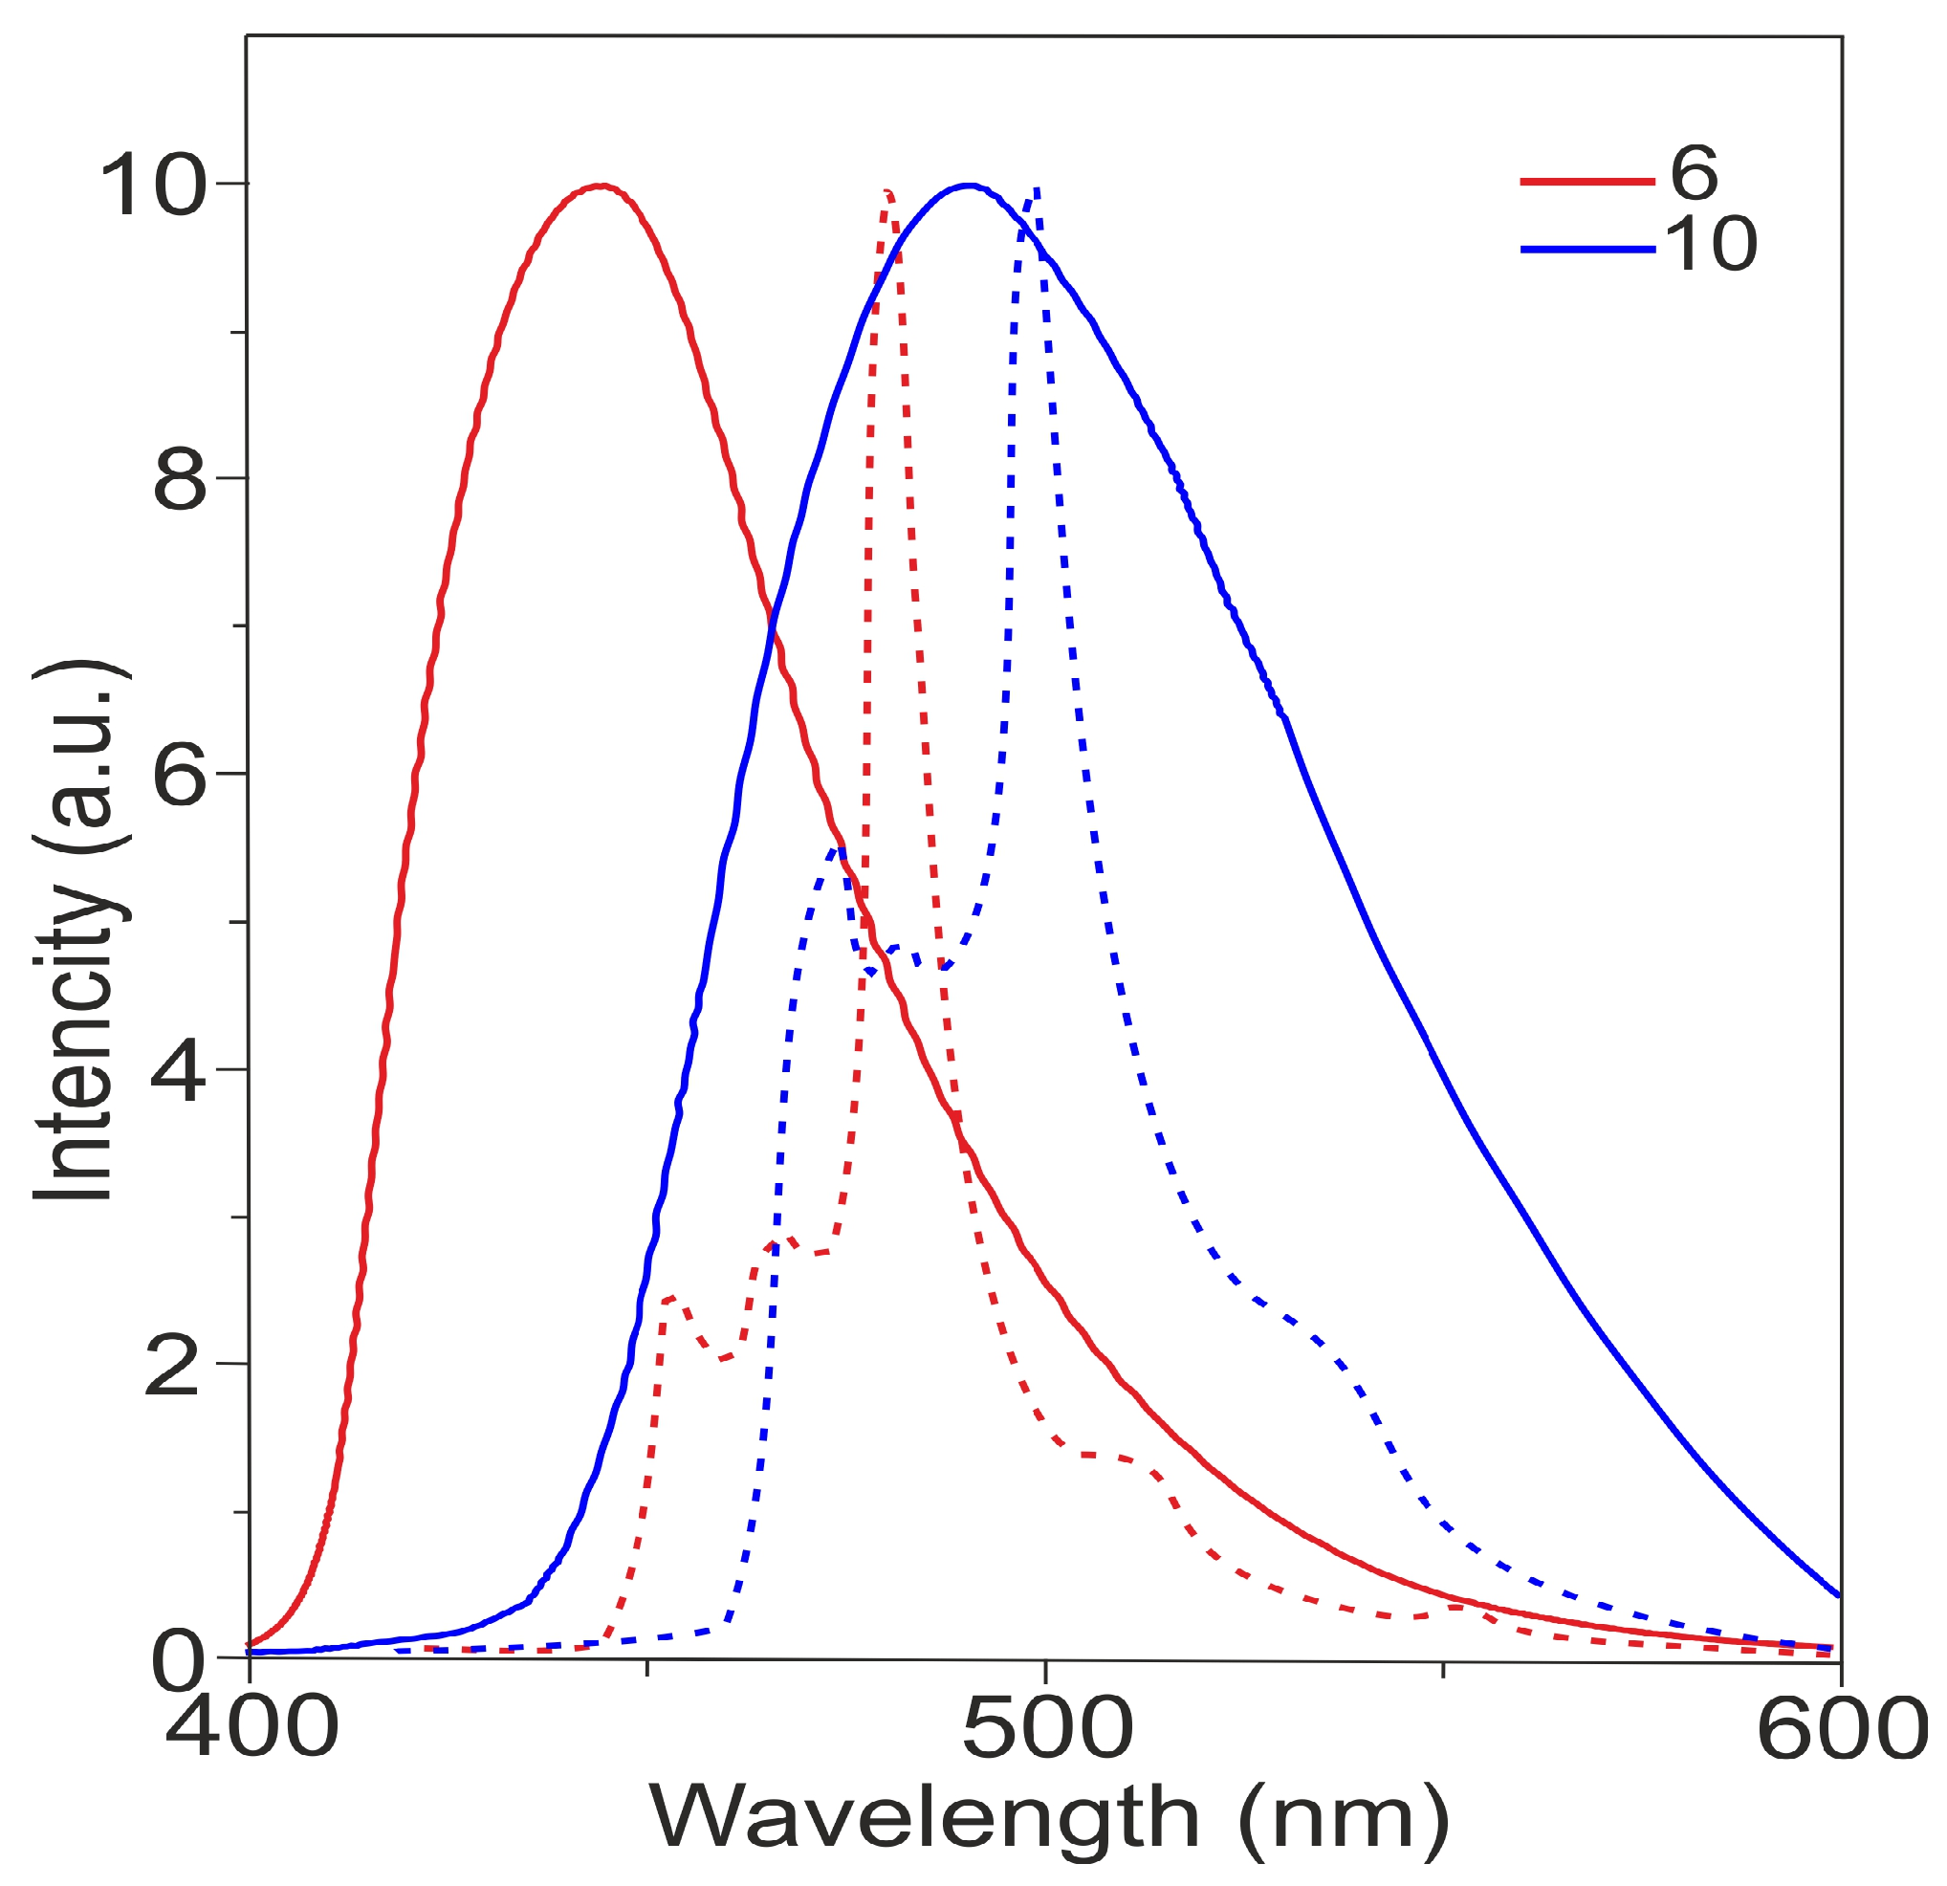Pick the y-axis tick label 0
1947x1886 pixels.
coord(180,1662)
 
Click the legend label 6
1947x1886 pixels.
coord(1694,173)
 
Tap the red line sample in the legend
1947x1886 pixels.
coord(1586,181)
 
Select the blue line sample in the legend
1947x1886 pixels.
coord(1586,250)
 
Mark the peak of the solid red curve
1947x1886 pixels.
coord(601,186)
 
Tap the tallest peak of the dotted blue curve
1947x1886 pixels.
coord(1036,188)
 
